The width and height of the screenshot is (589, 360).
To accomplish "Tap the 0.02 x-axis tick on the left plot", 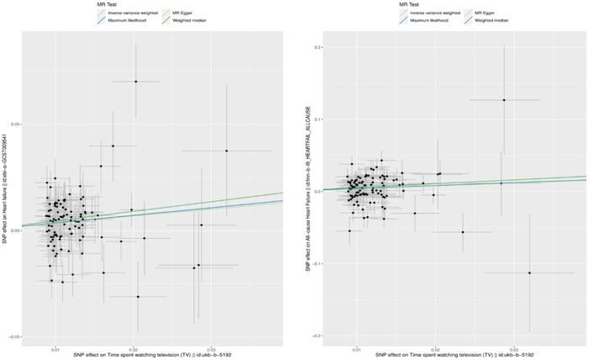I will click(133, 345).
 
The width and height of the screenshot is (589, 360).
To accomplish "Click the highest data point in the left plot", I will click(135, 81).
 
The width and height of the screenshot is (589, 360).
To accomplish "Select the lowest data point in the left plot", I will click(138, 296).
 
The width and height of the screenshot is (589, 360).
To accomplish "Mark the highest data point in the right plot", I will click(504, 100).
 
